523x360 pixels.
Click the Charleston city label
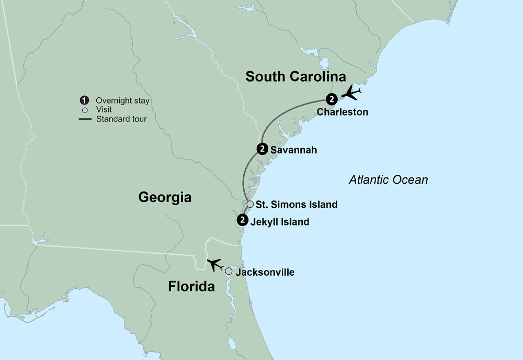pyautogui.click(x=342, y=113)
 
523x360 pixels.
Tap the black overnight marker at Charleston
pyautogui.click(x=331, y=99)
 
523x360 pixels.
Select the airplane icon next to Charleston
pyautogui.click(x=351, y=94)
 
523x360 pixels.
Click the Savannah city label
pyautogui.click(x=293, y=150)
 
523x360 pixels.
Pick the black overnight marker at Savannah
pyautogui.click(x=262, y=149)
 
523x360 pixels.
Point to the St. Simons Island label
pyautogui.click(x=296, y=205)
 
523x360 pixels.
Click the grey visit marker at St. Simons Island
pyautogui.click(x=251, y=204)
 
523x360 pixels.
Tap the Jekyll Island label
pyautogui.click(x=280, y=222)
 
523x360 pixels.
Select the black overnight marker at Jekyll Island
pyautogui.click(x=242, y=220)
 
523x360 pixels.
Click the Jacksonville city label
pyautogui.click(x=265, y=273)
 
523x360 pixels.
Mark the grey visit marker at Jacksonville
pyautogui.click(x=229, y=272)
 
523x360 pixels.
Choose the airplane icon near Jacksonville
pyautogui.click(x=215, y=264)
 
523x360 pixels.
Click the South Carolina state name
pyautogui.click(x=295, y=77)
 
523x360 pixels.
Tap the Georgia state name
pyautogui.click(x=165, y=197)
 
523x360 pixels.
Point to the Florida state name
pyautogui.click(x=191, y=287)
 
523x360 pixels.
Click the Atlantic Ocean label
pyautogui.click(x=388, y=180)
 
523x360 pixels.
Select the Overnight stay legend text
pyautogui.click(x=122, y=100)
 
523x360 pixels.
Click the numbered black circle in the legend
pyautogui.click(x=84, y=100)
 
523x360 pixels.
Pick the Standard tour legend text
pyautogui.click(x=121, y=119)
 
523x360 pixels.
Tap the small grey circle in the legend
pyautogui.click(x=84, y=110)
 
